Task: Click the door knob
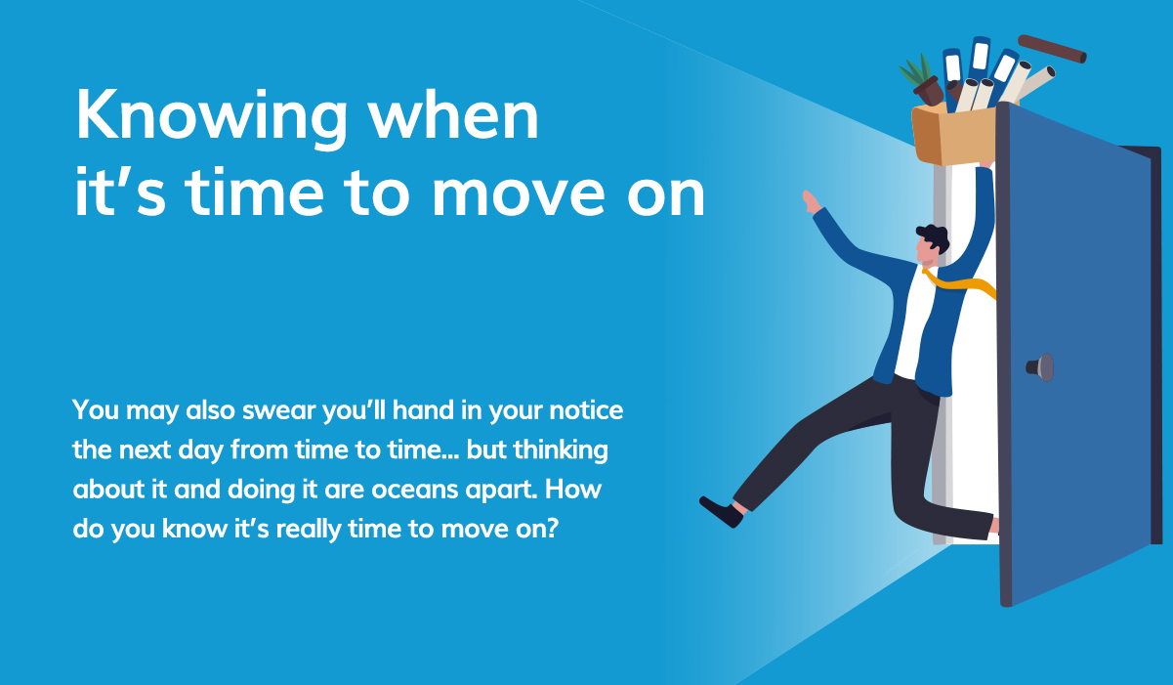tap(1041, 367)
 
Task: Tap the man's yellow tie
tap(962, 284)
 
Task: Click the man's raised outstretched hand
tap(811, 202)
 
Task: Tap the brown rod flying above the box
tap(1052, 49)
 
